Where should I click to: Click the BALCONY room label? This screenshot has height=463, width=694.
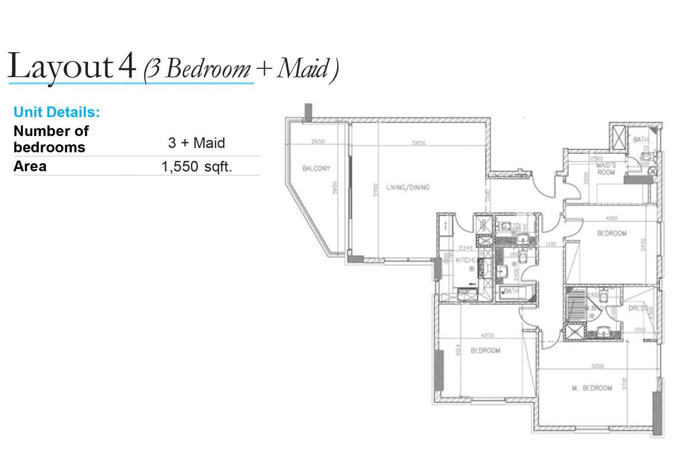pos(316,169)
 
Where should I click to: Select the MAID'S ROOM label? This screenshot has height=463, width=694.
pos(606,168)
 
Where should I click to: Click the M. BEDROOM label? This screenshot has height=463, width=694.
pos(592,388)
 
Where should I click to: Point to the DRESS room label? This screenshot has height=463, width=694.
pos(638,308)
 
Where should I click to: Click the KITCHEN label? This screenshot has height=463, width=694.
pos(466,261)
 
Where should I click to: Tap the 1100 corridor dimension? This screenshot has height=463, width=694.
pos(550,244)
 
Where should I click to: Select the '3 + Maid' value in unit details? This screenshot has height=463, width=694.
pos(196,142)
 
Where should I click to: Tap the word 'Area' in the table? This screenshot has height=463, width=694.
pos(30,167)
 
